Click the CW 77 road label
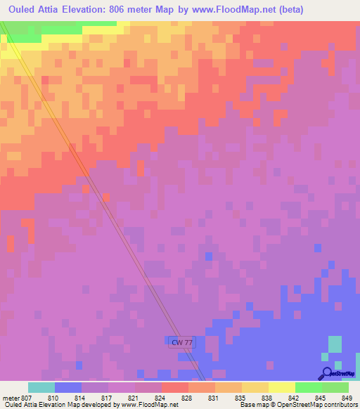[x=181, y=342]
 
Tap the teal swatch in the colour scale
[x=41, y=387]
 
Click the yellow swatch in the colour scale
[x=282, y=387]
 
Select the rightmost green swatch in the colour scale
[x=335, y=387]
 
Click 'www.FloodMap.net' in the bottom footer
[x=150, y=405]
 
